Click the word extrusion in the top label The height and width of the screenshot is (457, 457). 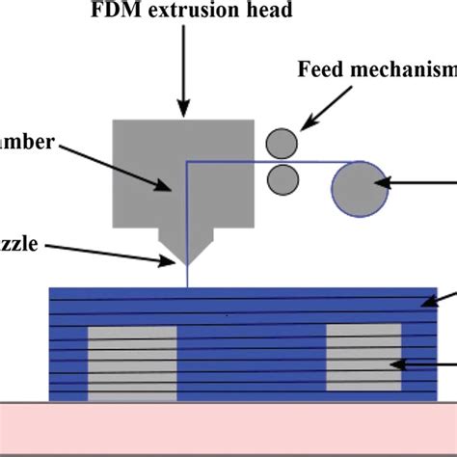pos(189,13)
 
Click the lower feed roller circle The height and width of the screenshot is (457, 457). pos(282,177)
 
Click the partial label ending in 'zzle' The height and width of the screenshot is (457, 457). pos(19,245)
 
